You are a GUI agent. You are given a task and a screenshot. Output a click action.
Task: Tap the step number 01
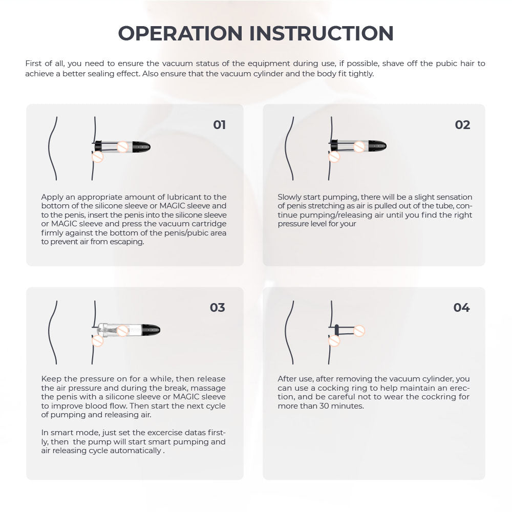[220, 125]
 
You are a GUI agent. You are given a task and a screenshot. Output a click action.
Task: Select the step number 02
[462, 125]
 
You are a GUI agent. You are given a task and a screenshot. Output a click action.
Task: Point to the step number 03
[218, 308]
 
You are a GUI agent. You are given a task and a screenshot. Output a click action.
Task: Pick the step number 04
[461, 308]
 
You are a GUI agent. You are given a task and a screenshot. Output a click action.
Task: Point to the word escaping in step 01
[127, 242]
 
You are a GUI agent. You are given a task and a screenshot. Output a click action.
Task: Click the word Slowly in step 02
[290, 197]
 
